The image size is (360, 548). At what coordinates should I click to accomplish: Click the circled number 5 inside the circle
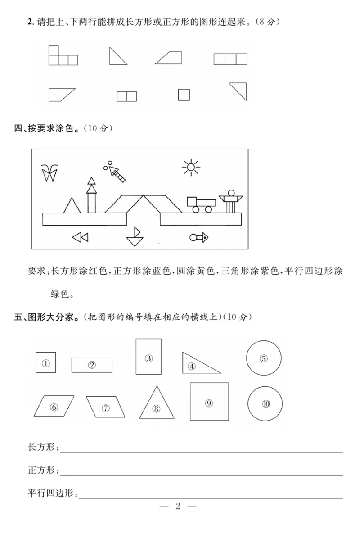pos(264,358)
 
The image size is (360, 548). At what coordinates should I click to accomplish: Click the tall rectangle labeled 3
pos(148,356)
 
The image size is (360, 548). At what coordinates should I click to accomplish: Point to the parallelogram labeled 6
pos(54,407)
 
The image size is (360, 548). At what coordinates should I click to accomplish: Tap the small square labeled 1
pos(46,362)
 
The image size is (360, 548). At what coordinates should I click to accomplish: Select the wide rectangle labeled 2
pos(92,365)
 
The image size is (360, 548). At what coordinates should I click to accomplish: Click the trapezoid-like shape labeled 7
pos(105,407)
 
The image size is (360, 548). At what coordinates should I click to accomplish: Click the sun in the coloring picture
pos(191,168)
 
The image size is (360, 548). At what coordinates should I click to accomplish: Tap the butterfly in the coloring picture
pos(49,173)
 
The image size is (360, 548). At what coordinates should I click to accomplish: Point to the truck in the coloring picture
pos(201,204)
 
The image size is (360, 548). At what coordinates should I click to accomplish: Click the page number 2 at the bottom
pos(178,506)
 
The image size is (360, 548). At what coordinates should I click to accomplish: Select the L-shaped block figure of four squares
pos(62,57)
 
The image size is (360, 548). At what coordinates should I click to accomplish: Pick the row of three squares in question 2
pos(230,59)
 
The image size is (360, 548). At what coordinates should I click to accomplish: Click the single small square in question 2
pos(184,95)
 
